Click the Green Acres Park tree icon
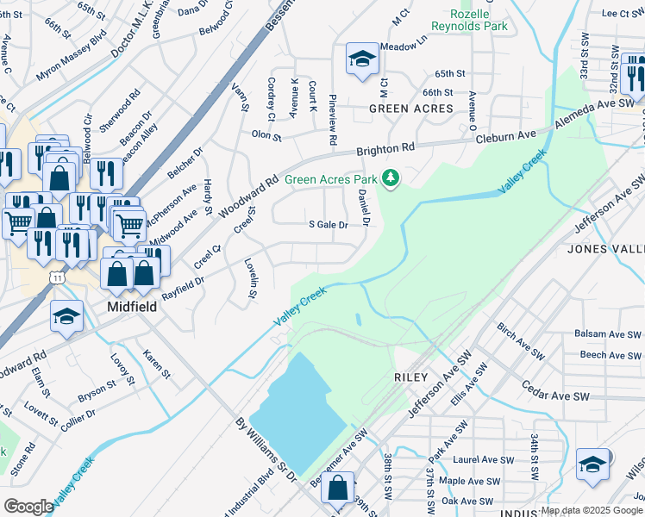tap(391, 178)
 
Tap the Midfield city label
tap(131, 306)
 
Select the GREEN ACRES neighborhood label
tap(410, 109)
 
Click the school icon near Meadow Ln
tap(362, 59)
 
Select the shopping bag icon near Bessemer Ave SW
tap(337, 488)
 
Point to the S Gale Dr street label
tap(328, 225)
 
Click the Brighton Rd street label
tap(385, 149)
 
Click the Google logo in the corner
tap(28, 507)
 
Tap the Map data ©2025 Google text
tap(592, 510)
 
